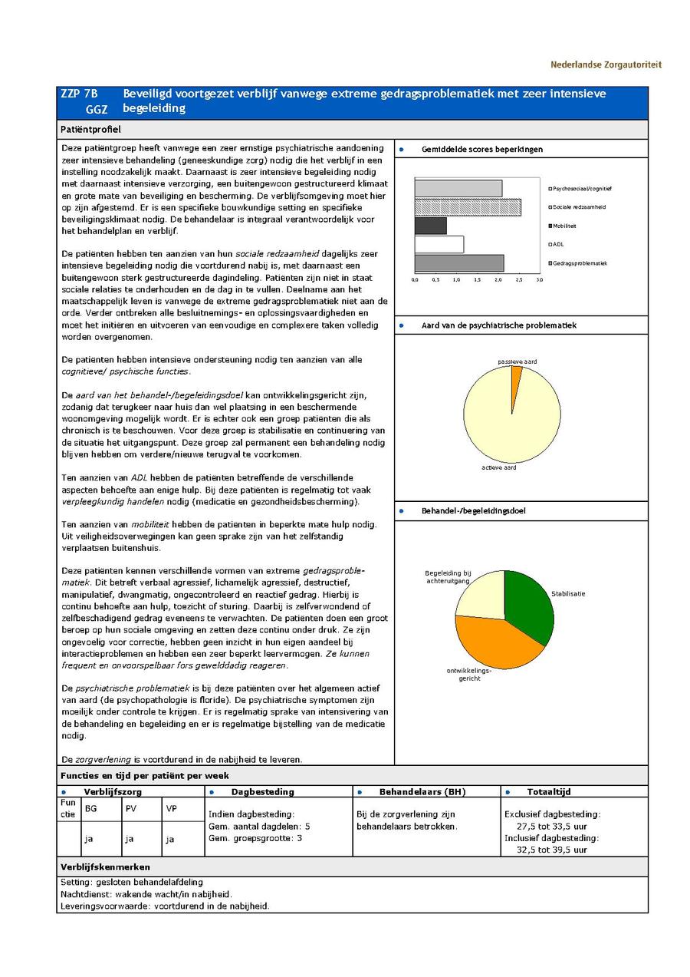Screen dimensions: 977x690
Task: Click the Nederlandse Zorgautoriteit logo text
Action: pyautogui.click(x=605, y=64)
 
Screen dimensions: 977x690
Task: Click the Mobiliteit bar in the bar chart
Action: pyautogui.click(x=430, y=226)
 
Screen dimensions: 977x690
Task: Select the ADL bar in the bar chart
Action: pyautogui.click(x=439, y=244)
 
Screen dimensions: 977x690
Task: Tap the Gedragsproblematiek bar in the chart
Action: pyautogui.click(x=458, y=263)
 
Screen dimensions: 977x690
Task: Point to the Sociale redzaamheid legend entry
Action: pyautogui.click(x=579, y=207)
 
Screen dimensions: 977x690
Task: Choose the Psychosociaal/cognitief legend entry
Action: pyautogui.click(x=582, y=189)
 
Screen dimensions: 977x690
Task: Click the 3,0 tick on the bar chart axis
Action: pyautogui.click(x=539, y=280)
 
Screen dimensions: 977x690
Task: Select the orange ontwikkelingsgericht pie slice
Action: pyautogui.click(x=491, y=642)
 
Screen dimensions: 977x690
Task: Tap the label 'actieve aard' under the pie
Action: pyautogui.click(x=500, y=467)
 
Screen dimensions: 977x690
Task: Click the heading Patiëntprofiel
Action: pyautogui.click(x=90, y=130)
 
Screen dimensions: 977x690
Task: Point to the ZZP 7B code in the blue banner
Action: pyautogui.click(x=79, y=94)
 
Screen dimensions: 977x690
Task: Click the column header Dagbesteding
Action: pyautogui.click(x=262, y=791)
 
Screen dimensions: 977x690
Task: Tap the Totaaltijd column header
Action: pyautogui.click(x=548, y=791)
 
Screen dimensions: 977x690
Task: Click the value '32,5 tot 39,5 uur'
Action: pyautogui.click(x=551, y=850)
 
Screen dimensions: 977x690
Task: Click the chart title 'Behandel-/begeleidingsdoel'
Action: pyautogui.click(x=473, y=510)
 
